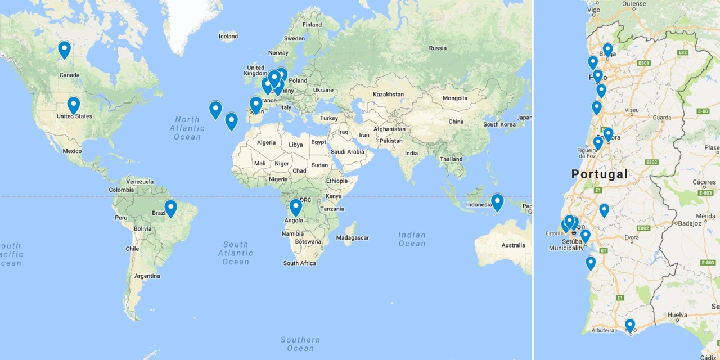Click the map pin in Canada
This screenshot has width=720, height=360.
point(65,49)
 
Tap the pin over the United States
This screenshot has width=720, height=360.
point(74,105)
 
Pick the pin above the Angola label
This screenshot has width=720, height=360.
point(296,208)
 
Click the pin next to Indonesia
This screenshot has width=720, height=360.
point(497,202)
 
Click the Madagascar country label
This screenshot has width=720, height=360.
point(353,238)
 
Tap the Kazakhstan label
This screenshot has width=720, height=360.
point(389,94)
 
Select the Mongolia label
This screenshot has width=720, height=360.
point(454,98)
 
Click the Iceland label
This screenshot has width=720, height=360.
point(228,37)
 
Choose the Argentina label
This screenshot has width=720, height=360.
point(147,276)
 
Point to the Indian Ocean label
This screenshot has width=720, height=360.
point(412,239)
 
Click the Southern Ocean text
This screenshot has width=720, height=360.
point(300,344)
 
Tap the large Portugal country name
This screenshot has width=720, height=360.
point(600,174)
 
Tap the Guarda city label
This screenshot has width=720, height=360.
point(661,118)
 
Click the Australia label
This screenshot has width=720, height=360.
point(513,245)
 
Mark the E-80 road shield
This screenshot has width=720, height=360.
point(703,111)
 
